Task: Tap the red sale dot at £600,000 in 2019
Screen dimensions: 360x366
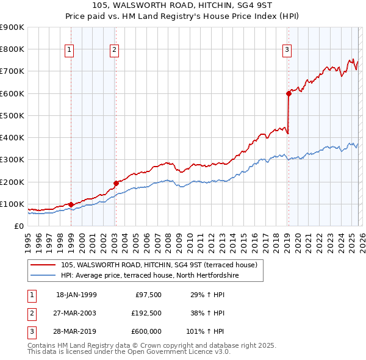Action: pyautogui.click(x=288, y=93)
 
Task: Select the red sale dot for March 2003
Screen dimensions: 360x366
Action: pyautogui.click(x=115, y=183)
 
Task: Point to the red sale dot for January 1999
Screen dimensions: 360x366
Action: pyautogui.click(x=71, y=204)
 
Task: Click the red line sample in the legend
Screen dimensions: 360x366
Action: pyautogui.click(x=43, y=265)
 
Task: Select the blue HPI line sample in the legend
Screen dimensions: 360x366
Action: pyautogui.click(x=43, y=276)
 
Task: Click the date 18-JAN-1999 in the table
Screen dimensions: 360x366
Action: pyautogui.click(x=76, y=295)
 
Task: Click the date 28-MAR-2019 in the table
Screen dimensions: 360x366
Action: pyautogui.click(x=76, y=331)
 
